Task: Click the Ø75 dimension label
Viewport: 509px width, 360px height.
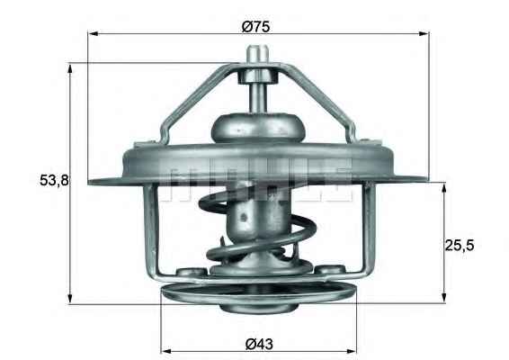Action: (255, 26)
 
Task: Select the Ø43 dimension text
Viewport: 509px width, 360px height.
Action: (259, 344)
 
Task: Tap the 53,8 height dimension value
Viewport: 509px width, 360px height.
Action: (54, 180)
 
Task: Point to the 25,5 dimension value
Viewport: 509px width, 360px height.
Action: (459, 245)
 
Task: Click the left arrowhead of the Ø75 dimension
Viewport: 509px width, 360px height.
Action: (94, 33)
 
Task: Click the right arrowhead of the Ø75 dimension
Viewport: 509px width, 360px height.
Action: (424, 33)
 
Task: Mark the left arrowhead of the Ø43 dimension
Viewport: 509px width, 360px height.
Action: (166, 351)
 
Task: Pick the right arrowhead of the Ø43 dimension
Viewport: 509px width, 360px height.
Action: (352, 351)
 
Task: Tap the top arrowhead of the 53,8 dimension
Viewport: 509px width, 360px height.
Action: (70, 68)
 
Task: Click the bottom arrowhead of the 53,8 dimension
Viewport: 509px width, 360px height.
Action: (70, 299)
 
